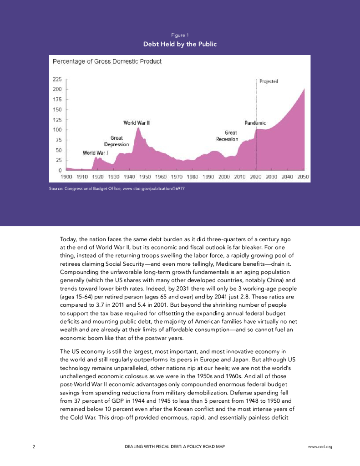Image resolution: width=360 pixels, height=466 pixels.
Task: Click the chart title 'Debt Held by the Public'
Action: [180, 44]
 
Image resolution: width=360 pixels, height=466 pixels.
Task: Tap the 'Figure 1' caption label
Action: [180, 35]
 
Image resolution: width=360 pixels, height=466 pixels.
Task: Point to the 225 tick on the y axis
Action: [58, 79]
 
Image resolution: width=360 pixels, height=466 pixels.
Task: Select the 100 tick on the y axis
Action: [58, 130]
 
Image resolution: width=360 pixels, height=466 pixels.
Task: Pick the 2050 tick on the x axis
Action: [303, 177]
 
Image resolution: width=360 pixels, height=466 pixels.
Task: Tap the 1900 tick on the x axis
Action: [67, 177]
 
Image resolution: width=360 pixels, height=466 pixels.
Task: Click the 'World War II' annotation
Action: [137, 123]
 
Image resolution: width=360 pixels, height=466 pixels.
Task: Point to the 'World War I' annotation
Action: [95, 152]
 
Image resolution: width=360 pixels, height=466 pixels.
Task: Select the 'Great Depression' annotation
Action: [117, 141]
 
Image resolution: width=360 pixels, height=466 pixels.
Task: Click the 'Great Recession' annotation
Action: [227, 136]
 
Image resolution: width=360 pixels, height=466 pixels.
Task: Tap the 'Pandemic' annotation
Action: [255, 123]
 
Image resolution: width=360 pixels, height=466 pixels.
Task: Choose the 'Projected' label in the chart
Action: [269, 81]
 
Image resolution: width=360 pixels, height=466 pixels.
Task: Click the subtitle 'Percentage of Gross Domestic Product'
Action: [107, 61]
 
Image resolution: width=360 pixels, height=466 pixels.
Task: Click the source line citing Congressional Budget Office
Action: [116, 188]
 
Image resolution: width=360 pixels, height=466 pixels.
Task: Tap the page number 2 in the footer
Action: [34, 446]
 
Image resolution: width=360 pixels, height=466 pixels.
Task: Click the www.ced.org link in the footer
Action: [320, 446]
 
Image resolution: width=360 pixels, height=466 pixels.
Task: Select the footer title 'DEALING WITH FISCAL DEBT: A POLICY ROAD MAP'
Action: [175, 446]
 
